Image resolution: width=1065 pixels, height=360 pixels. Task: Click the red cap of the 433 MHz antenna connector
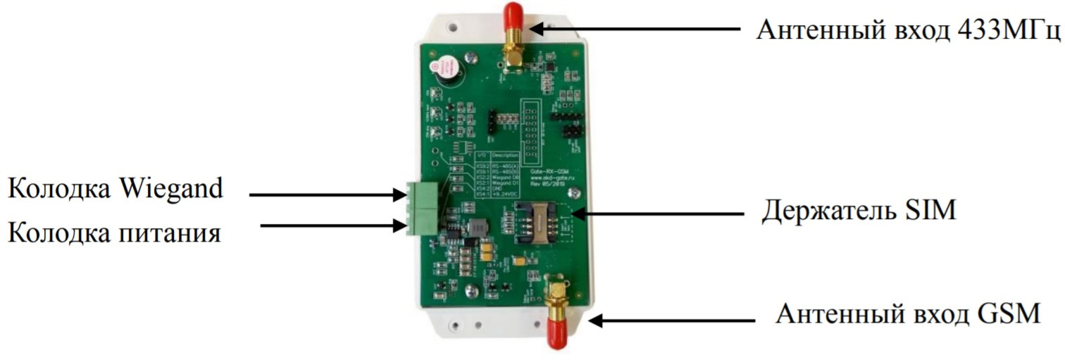[x=512, y=15]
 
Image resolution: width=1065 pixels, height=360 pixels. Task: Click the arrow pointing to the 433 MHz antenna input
[x=634, y=29]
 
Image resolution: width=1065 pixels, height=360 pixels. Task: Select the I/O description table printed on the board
[x=497, y=175]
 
